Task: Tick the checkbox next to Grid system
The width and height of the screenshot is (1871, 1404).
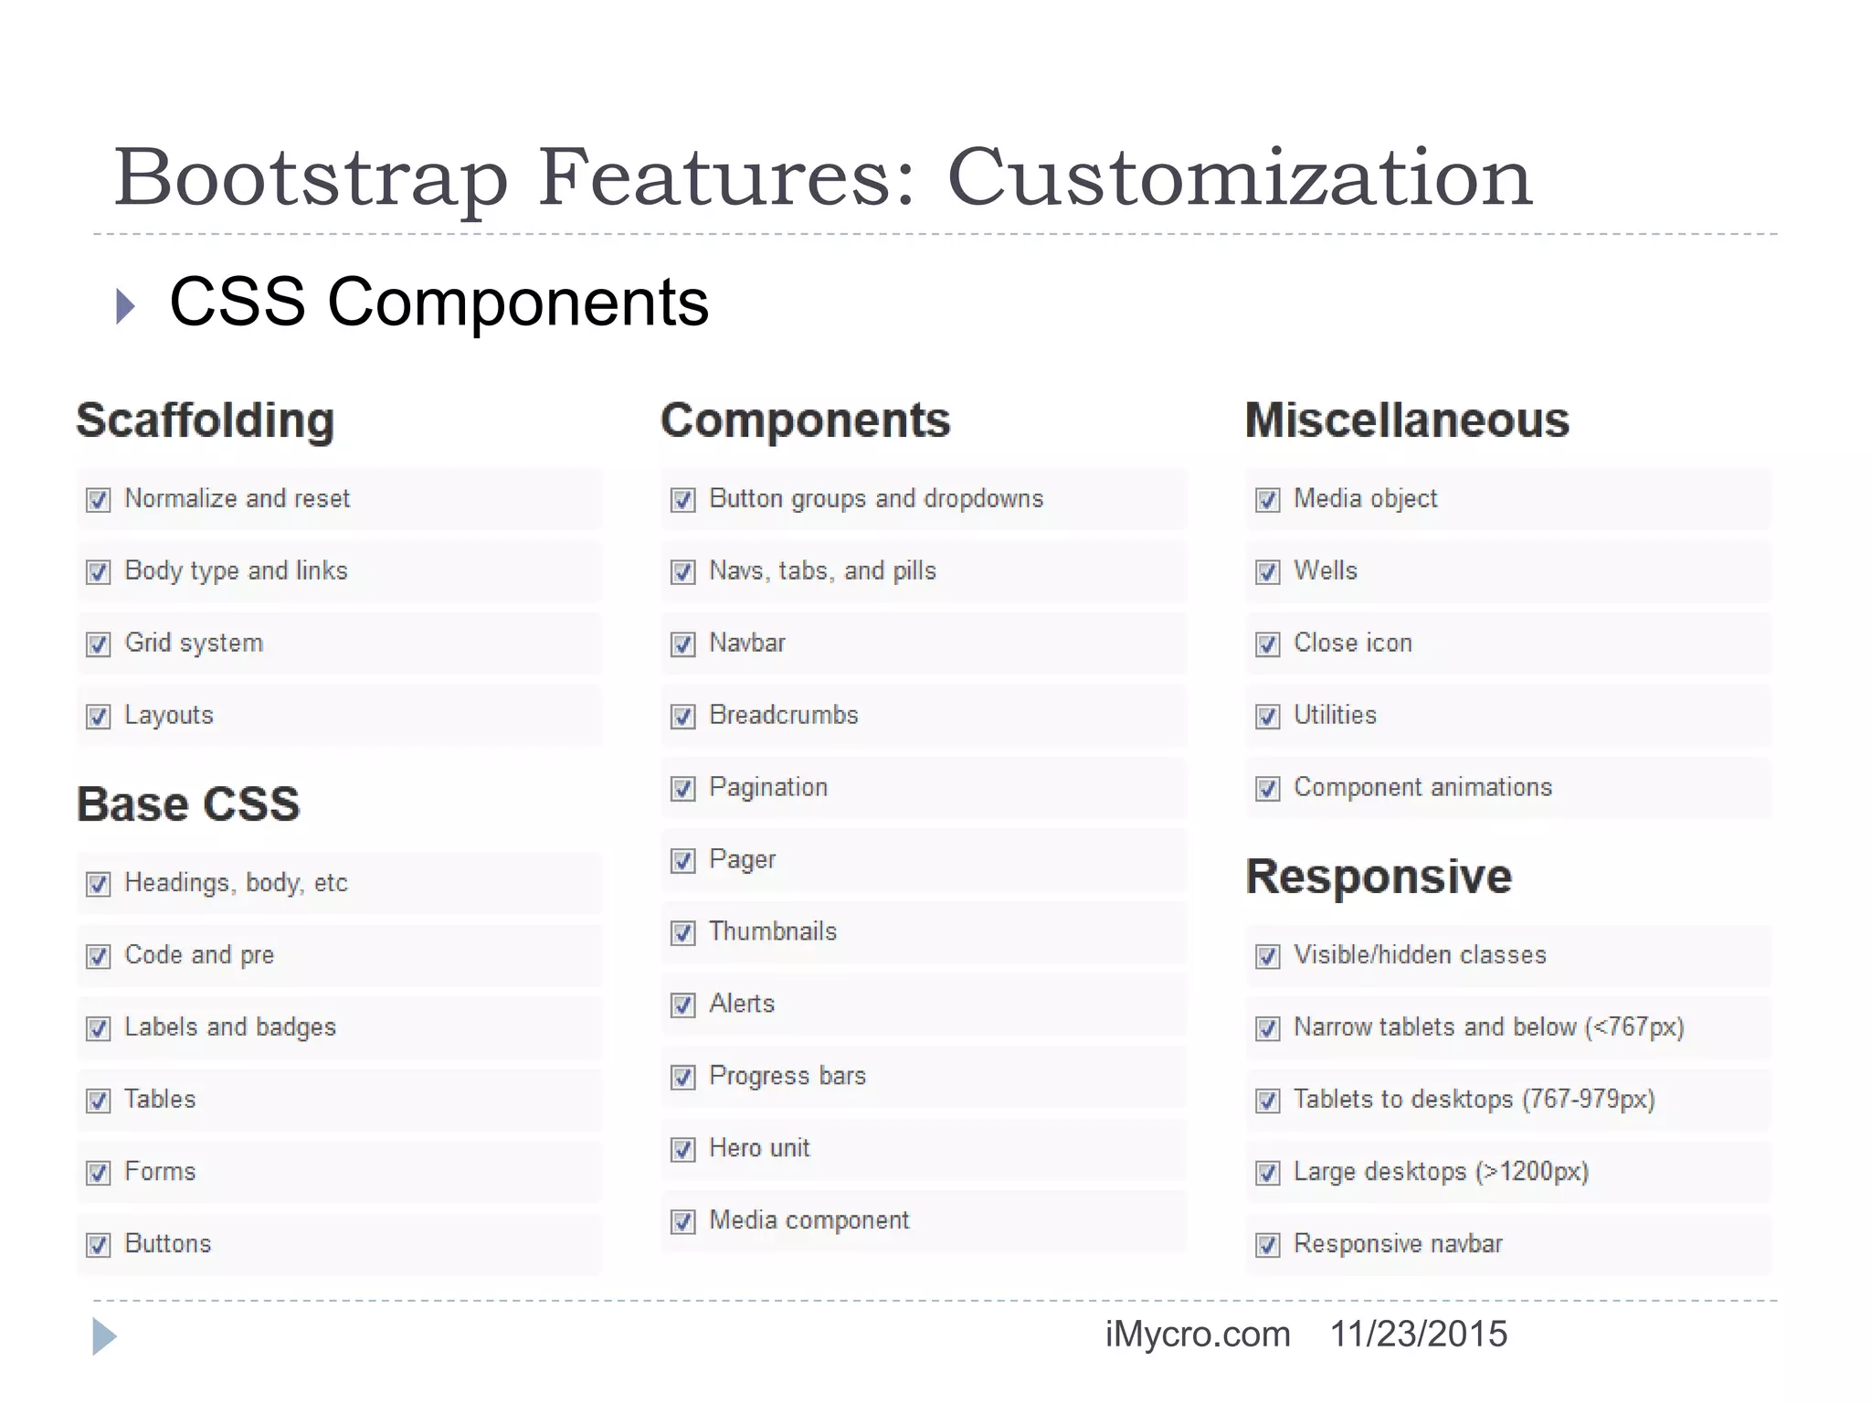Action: click(x=99, y=644)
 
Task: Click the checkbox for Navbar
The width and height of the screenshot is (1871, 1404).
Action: click(x=683, y=644)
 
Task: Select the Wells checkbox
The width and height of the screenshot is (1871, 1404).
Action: click(x=1268, y=572)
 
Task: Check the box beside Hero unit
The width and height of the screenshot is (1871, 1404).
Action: click(x=683, y=1149)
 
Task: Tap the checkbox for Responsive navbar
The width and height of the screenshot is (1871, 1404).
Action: click(x=1268, y=1245)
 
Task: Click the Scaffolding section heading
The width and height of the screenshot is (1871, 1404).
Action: click(x=206, y=420)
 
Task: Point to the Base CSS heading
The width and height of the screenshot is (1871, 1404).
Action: click(x=188, y=804)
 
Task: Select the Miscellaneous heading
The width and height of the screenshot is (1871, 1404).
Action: click(x=1407, y=420)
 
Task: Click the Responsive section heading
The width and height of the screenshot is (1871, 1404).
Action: click(x=1379, y=877)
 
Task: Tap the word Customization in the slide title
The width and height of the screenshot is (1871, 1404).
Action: click(x=1240, y=177)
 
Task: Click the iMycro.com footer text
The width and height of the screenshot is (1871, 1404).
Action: click(x=1198, y=1335)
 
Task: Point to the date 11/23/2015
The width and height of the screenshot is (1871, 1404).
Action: click(x=1418, y=1335)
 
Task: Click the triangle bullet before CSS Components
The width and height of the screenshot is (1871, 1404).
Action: click(x=126, y=306)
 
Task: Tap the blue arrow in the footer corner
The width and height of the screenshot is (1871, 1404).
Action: click(x=104, y=1336)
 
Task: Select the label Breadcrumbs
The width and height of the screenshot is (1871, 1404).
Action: click(x=784, y=715)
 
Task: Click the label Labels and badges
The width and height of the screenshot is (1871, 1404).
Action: click(x=230, y=1027)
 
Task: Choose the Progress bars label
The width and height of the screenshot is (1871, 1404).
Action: click(x=788, y=1076)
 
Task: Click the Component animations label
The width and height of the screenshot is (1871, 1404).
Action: click(x=1422, y=787)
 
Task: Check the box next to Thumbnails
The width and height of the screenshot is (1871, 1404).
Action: click(x=683, y=933)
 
